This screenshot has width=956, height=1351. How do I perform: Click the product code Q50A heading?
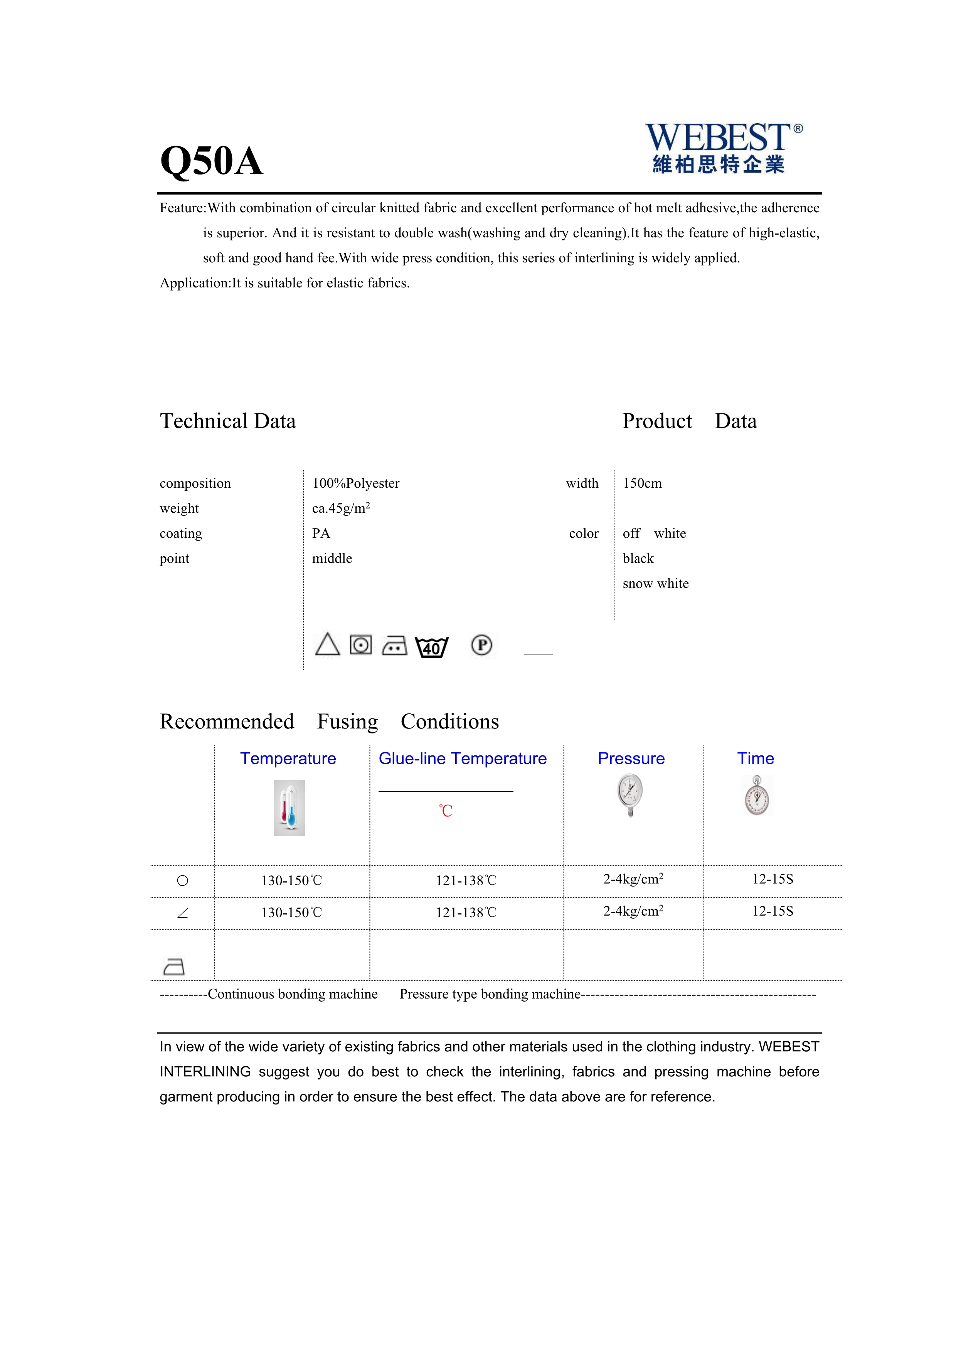click(x=211, y=161)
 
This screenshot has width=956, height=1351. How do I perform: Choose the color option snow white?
click(x=655, y=583)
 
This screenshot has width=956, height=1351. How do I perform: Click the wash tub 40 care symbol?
click(x=431, y=647)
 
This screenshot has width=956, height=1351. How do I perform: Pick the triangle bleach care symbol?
click(x=327, y=644)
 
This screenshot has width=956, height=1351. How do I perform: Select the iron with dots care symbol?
click(x=394, y=646)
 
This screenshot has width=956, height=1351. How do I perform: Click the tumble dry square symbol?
click(x=361, y=645)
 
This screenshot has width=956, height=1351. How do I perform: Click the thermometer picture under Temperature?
click(x=289, y=807)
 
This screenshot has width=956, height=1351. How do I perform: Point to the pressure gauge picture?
click(x=631, y=794)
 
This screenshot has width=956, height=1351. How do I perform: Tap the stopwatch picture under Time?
click(x=756, y=795)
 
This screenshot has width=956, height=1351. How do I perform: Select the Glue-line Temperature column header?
click(x=462, y=759)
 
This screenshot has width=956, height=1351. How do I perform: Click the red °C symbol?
click(x=446, y=811)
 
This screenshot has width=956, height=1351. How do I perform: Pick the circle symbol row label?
click(x=182, y=881)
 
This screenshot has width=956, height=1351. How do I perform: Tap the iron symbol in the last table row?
click(x=173, y=966)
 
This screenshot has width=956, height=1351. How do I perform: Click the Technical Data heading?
click(x=228, y=421)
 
